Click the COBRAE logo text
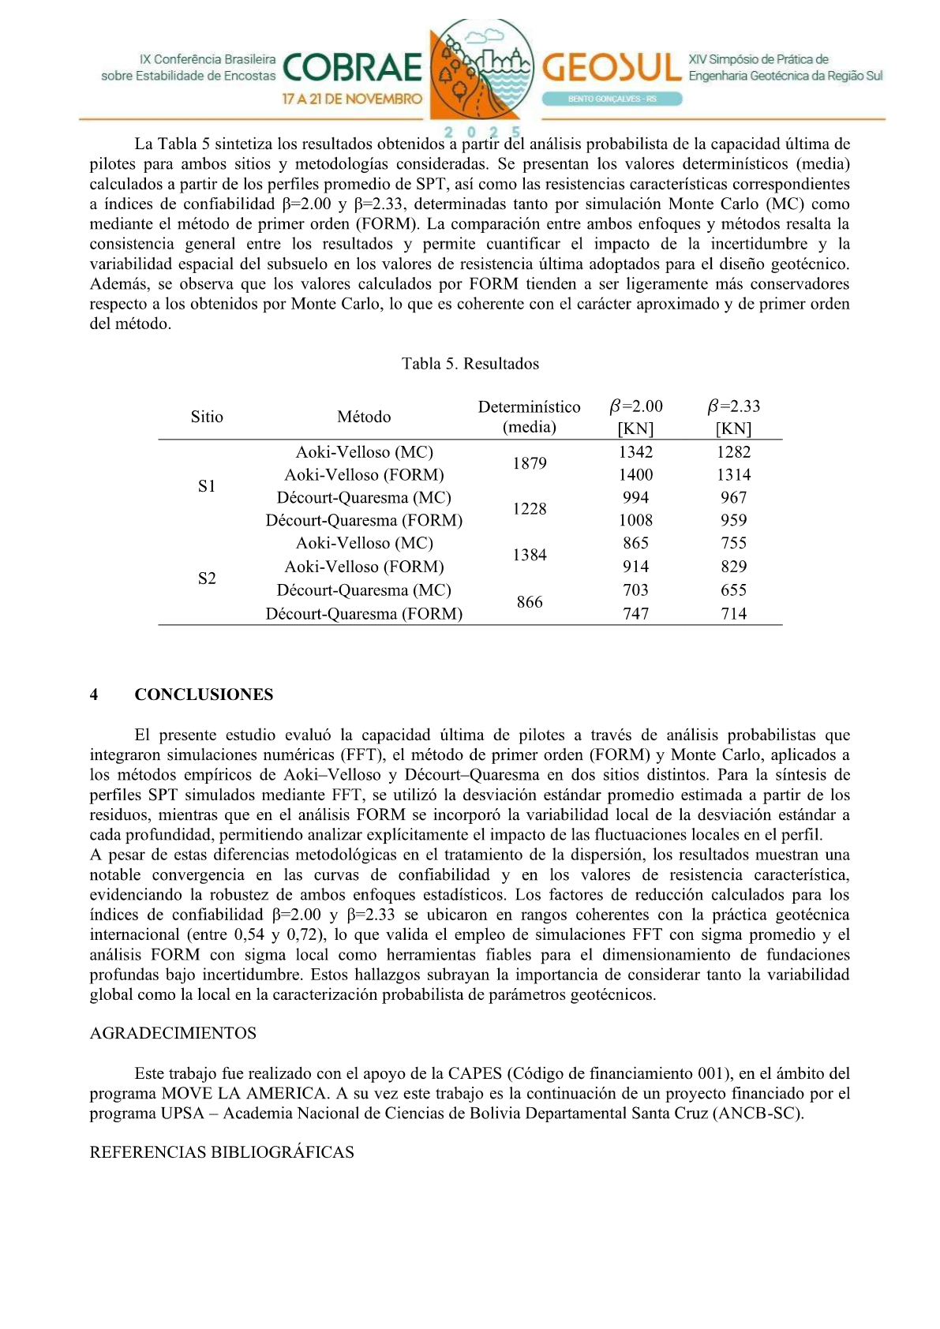click(x=352, y=69)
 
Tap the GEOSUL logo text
click(x=611, y=68)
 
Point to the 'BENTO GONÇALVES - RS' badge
click(x=612, y=99)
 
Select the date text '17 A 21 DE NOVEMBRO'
click(x=352, y=99)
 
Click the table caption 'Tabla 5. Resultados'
click(x=470, y=364)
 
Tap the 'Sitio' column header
click(x=207, y=417)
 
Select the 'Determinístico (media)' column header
click(x=529, y=417)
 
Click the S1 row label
click(x=207, y=486)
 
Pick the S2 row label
click(x=207, y=578)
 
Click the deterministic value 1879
click(x=529, y=463)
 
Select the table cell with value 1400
click(x=635, y=475)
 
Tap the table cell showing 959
click(x=733, y=521)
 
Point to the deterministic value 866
click(x=529, y=602)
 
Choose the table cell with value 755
click(x=733, y=543)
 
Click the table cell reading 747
click(x=635, y=614)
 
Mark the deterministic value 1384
click(x=529, y=556)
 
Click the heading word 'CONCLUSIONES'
click(x=204, y=694)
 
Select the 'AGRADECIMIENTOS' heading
click(x=173, y=1033)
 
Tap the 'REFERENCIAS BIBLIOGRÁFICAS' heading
click(x=222, y=1152)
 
